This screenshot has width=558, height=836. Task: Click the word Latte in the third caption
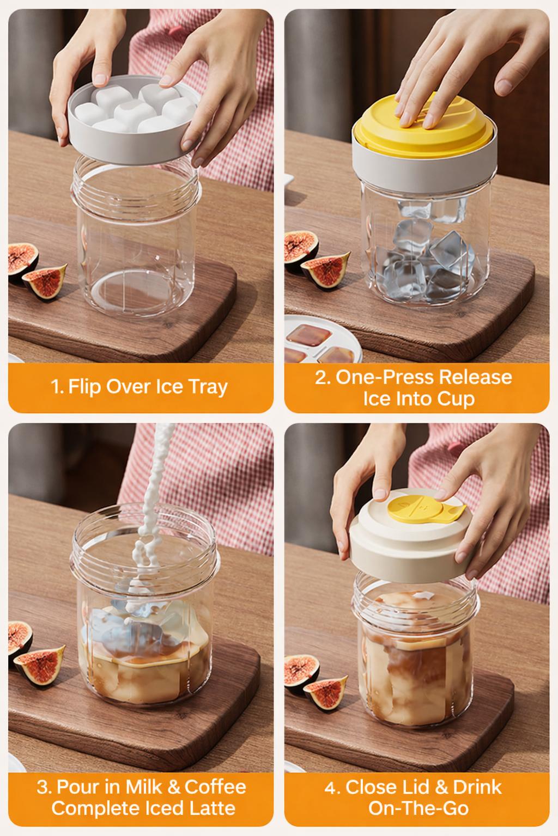click(209, 808)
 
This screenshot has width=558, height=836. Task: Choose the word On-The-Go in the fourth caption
click(418, 808)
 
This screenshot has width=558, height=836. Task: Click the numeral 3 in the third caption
click(43, 787)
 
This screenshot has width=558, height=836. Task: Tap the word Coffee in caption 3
click(215, 786)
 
